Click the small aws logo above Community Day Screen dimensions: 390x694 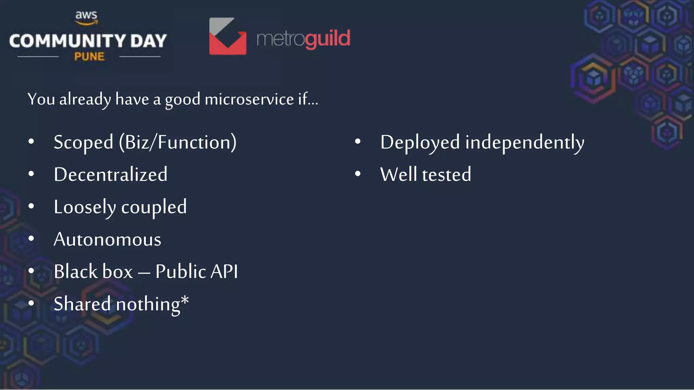click(x=86, y=18)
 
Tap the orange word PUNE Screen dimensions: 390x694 click(x=89, y=57)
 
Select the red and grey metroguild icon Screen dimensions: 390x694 click(x=228, y=36)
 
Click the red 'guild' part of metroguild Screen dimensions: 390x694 click(x=327, y=39)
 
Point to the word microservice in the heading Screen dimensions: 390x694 click(x=249, y=100)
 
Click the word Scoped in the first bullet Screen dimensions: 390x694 click(x=83, y=142)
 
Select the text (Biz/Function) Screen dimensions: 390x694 click(x=178, y=142)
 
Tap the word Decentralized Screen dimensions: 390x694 click(x=110, y=175)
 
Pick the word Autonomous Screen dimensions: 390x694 click(x=107, y=239)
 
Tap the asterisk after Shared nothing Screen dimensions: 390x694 click(x=185, y=300)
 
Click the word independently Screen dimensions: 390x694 click(x=525, y=142)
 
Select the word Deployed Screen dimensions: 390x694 click(x=420, y=142)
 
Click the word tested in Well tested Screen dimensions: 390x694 click(x=446, y=175)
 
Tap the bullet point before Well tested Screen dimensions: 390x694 click(x=358, y=174)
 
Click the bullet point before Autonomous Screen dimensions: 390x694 click(x=31, y=239)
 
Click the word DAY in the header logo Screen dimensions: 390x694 click(x=148, y=41)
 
